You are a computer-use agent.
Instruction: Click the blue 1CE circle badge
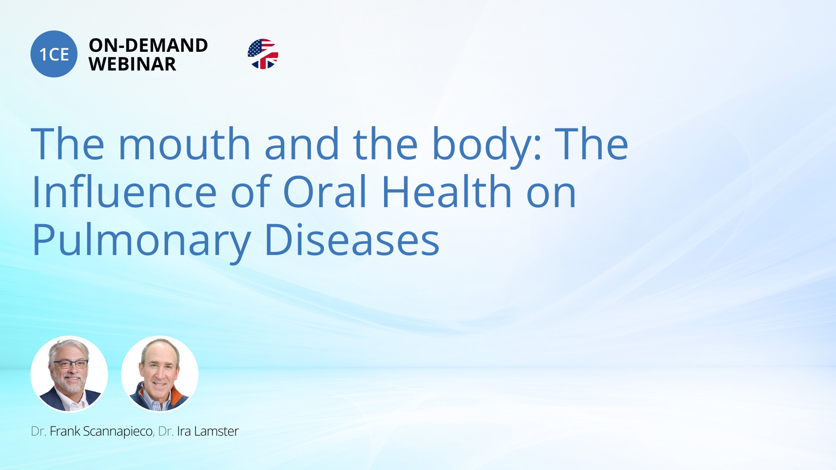pyautogui.click(x=54, y=54)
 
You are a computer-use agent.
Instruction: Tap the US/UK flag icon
pyautogui.click(x=263, y=54)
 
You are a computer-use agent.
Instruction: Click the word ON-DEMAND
pyautogui.click(x=148, y=45)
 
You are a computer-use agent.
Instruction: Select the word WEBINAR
pyautogui.click(x=132, y=64)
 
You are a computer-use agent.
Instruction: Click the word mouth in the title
pyautogui.click(x=184, y=144)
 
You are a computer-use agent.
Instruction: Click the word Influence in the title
pyautogui.click(x=124, y=191)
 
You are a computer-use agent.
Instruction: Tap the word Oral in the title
pyautogui.click(x=325, y=191)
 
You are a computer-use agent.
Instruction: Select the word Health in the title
pyautogui.click(x=447, y=191)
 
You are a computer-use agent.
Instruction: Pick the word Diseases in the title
pyautogui.click(x=352, y=239)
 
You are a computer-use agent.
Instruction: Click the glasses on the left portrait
pyautogui.click(x=71, y=364)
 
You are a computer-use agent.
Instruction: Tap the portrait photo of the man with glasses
pyautogui.click(x=69, y=374)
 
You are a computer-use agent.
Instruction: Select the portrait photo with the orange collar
pyautogui.click(x=160, y=374)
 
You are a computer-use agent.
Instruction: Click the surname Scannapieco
pyautogui.click(x=118, y=431)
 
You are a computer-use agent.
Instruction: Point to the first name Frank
pyautogui.click(x=65, y=431)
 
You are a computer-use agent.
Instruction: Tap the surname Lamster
pyautogui.click(x=216, y=431)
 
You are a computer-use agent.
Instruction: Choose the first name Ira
pyautogui.click(x=184, y=431)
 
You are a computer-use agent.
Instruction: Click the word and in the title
pyautogui.click(x=302, y=144)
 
